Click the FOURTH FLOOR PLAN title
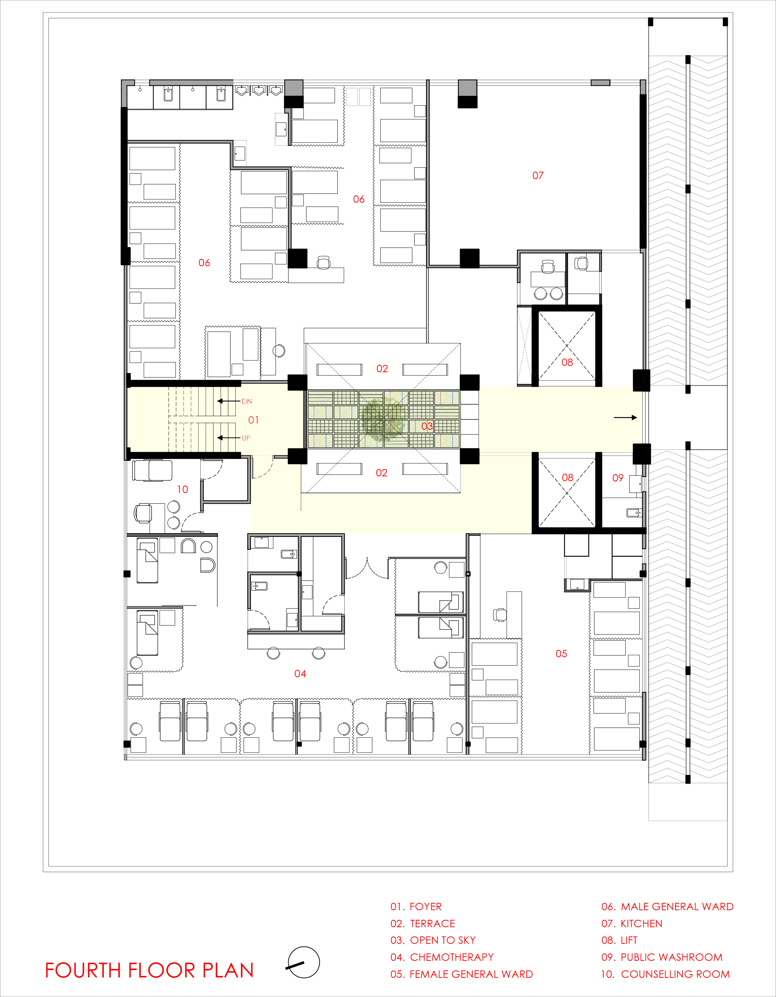click(x=149, y=970)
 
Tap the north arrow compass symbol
click(x=303, y=962)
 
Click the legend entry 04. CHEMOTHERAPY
click(x=442, y=957)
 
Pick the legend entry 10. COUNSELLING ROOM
click(x=665, y=974)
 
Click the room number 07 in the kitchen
click(x=538, y=176)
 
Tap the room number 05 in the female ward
click(x=561, y=654)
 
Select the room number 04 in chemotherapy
click(x=300, y=674)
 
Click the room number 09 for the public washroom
click(x=617, y=478)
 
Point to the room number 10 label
click(x=182, y=489)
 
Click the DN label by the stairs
click(x=246, y=402)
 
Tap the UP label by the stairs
click(x=246, y=438)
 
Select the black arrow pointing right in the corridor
click(x=625, y=417)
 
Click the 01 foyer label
click(x=253, y=420)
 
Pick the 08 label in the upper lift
click(x=567, y=363)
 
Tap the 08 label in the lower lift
click(x=567, y=477)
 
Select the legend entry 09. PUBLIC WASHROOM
click(x=662, y=957)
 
